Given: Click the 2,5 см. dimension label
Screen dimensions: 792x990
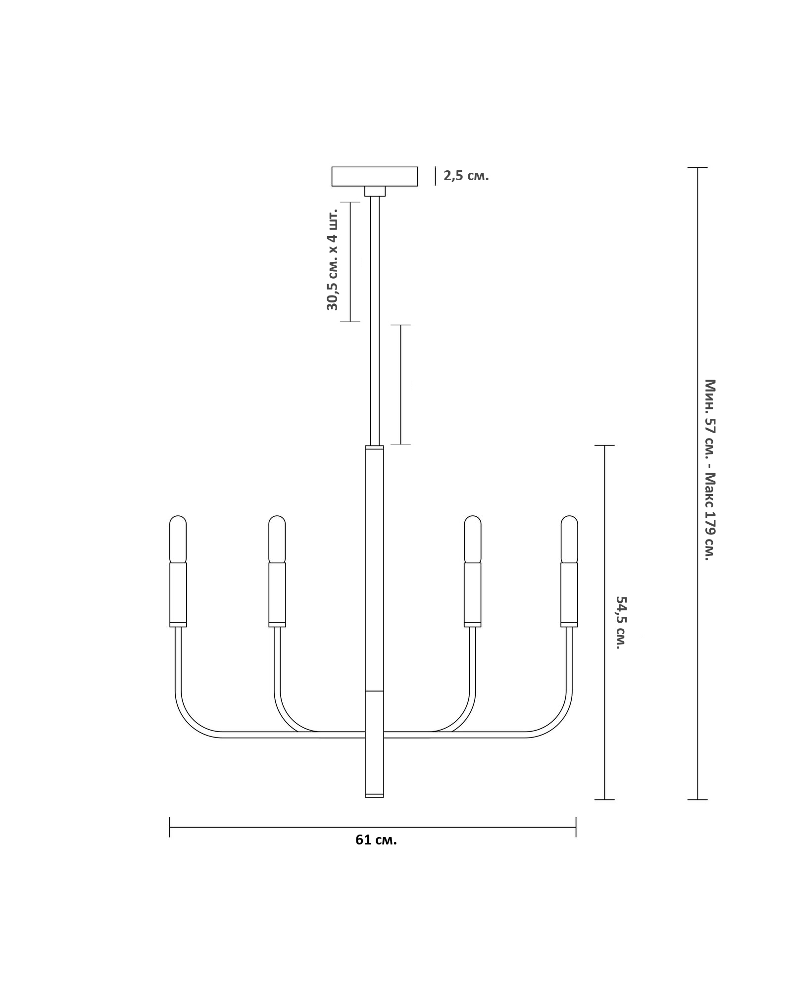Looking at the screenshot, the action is pos(466,176).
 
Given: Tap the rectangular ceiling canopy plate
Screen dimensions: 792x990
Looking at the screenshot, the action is pos(374,176).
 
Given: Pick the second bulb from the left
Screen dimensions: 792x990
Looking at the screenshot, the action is pos(277,539).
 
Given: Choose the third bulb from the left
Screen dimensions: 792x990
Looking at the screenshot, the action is pos(473,539).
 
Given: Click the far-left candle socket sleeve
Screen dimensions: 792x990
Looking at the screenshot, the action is pos(178,593).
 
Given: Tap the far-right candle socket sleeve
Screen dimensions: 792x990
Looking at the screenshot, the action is pos(569,593).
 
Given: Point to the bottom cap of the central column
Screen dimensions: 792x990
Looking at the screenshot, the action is pos(374,809).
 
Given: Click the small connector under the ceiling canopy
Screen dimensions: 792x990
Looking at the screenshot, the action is pos(375,191).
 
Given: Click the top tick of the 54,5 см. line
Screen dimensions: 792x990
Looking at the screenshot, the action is pos(604,445).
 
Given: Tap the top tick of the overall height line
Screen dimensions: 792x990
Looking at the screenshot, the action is pos(697,167).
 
